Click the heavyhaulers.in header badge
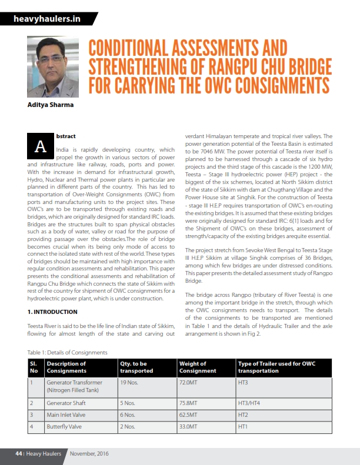[47, 19]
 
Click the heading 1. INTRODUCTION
[52, 312]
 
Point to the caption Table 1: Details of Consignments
[68, 352]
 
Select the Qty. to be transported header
[137, 367]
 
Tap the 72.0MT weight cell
[188, 382]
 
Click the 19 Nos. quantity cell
[129, 382]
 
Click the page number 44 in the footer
[19, 453]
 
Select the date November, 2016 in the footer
[89, 453]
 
